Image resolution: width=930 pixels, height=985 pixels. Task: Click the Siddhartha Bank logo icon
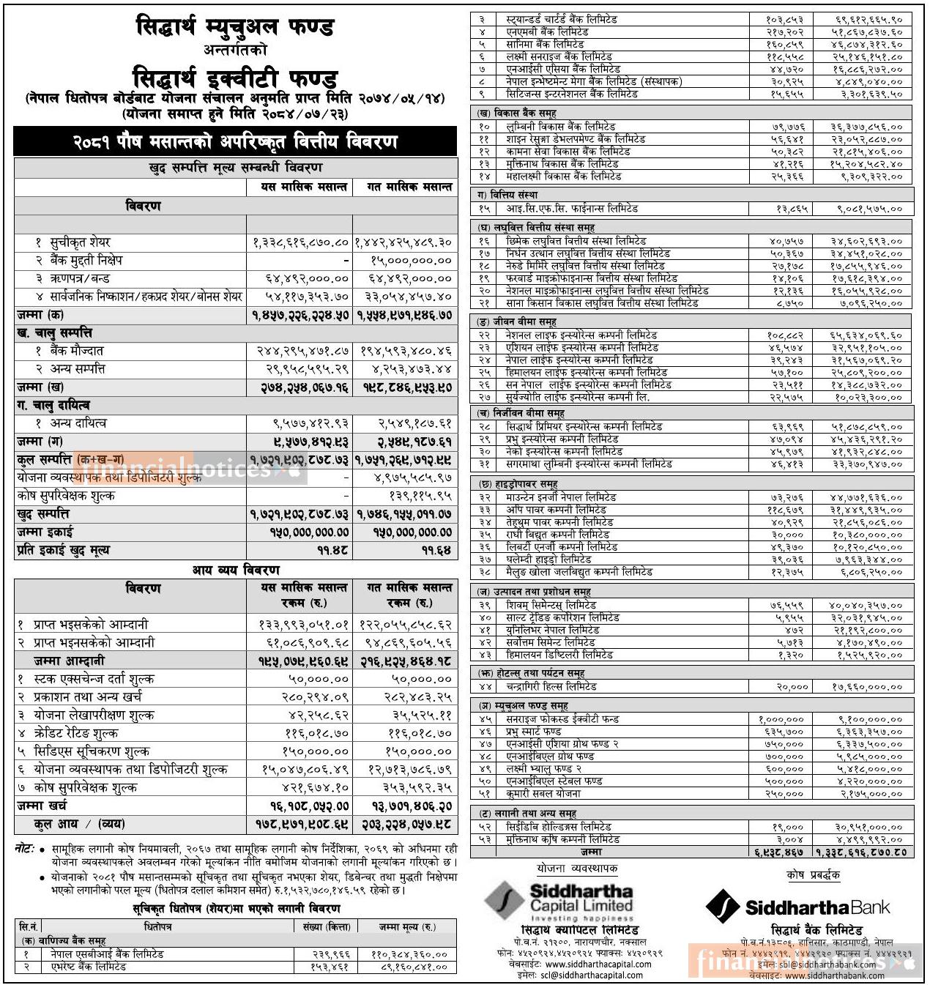722,907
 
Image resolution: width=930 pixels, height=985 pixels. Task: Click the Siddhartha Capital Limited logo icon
505,902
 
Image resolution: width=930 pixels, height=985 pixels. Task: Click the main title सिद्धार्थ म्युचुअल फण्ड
235,28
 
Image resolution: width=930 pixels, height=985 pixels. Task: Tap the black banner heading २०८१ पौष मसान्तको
235,142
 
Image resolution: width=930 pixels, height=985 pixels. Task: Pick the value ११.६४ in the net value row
436,551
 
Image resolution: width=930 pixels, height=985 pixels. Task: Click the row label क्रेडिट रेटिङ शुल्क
75,733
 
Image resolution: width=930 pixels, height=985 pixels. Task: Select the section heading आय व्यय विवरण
236,570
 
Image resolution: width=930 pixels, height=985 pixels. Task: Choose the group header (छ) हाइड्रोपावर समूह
518,484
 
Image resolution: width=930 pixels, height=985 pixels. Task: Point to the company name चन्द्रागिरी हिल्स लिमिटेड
551,687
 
